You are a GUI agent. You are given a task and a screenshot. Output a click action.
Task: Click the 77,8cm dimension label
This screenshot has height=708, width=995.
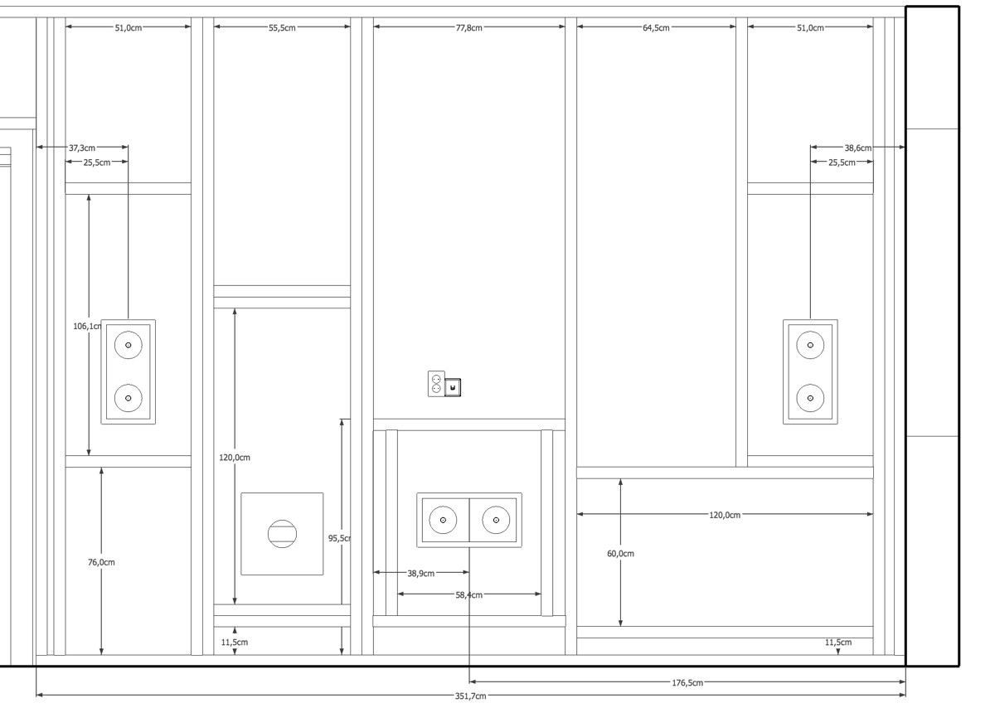point(468,28)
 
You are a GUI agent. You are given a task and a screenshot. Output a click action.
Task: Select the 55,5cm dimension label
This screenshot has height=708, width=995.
point(282,28)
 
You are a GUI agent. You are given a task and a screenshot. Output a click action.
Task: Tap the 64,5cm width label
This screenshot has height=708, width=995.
point(656,28)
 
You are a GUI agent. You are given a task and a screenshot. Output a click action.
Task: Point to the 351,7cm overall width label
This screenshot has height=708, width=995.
point(470,696)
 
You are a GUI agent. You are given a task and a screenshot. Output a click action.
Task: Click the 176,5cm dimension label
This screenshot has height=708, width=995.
point(687,682)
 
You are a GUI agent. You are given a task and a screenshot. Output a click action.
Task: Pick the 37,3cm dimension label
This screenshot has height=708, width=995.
point(82,148)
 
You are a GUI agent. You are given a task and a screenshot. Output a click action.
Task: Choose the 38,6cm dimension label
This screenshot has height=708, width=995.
point(857,148)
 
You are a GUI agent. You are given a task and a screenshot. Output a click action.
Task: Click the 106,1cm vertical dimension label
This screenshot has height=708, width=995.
point(88,327)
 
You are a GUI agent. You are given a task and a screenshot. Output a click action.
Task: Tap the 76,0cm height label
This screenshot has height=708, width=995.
point(101,562)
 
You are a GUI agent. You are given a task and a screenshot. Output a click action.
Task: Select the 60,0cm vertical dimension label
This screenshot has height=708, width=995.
point(620,554)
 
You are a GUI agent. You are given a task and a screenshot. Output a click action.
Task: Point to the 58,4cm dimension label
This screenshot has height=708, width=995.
point(468,594)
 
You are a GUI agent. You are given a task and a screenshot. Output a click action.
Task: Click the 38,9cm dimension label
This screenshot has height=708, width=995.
point(420,574)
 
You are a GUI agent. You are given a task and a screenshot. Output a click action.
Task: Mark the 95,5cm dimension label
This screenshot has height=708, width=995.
point(339,538)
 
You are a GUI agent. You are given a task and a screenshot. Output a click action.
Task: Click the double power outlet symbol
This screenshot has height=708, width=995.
point(436,384)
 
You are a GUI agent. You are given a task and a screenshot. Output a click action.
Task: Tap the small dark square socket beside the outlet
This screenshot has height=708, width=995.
point(453,387)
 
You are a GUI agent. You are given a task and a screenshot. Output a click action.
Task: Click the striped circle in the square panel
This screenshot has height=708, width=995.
point(282,533)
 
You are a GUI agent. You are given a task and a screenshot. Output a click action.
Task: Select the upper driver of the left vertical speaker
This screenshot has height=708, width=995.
point(129,345)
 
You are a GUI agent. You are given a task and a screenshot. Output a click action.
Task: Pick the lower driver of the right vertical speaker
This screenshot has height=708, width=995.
point(810,399)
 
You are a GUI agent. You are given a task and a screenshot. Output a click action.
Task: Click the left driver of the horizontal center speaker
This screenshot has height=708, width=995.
point(443,520)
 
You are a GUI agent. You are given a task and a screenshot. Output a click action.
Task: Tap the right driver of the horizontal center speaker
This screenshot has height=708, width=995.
point(496,520)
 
